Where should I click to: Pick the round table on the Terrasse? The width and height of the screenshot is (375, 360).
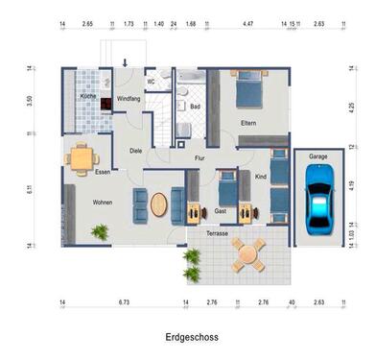[249, 254]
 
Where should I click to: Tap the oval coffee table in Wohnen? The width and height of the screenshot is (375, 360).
[159, 204]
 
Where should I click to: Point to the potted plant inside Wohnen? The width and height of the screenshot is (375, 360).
[99, 231]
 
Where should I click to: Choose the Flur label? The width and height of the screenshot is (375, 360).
[199, 157]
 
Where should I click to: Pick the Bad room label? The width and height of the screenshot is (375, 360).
[195, 107]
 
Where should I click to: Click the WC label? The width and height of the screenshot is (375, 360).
[152, 82]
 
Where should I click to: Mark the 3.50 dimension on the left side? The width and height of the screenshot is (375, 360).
[33, 100]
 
